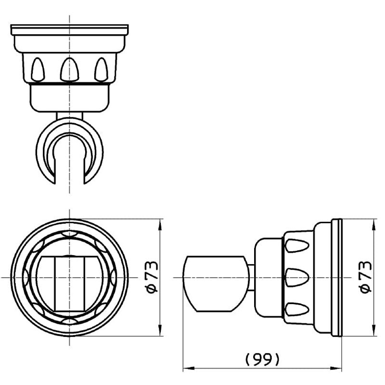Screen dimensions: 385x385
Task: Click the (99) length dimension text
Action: pyautogui.click(x=262, y=359)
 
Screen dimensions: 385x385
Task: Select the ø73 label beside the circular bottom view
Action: pyautogui.click(x=152, y=277)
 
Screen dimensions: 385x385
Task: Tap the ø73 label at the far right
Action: pyautogui.click(x=366, y=277)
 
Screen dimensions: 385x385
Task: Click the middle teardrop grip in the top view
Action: pyautogui.click(x=70, y=69)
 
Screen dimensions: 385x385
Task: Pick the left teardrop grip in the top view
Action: pyautogui.click(x=38, y=69)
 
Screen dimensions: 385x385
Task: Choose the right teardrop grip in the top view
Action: pyautogui.click(x=101, y=69)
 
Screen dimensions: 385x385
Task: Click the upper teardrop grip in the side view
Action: pyautogui.click(x=296, y=246)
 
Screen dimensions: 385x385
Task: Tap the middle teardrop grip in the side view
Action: pyautogui.click(x=296, y=278)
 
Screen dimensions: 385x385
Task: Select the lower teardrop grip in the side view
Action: pyautogui.click(x=296, y=309)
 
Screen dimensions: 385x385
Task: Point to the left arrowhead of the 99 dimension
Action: pyautogui.click(x=189, y=368)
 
